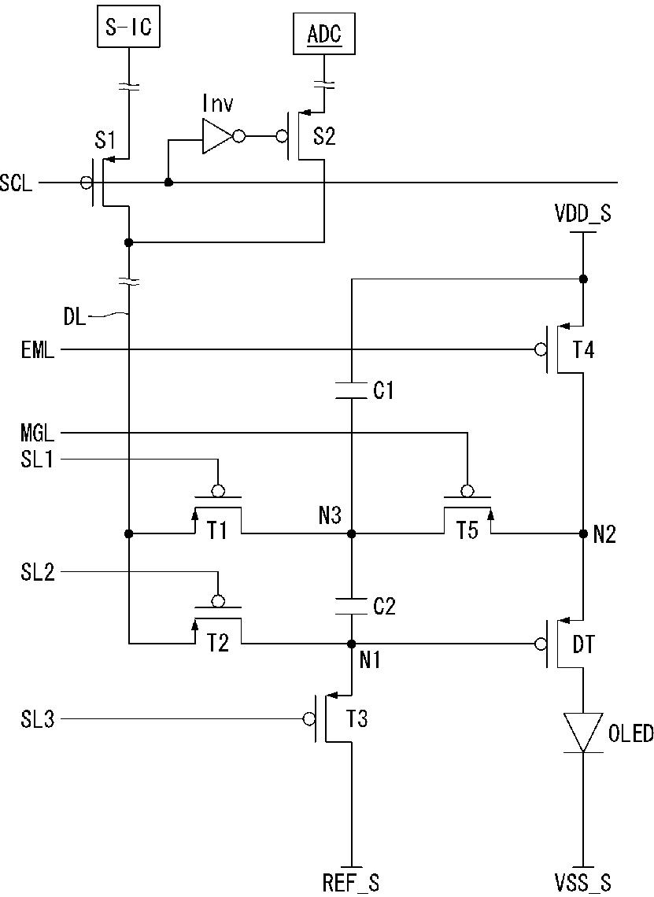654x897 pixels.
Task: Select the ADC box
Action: click(324, 35)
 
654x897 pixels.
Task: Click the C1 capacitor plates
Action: click(352, 390)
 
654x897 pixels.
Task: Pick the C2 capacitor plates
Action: click(352, 607)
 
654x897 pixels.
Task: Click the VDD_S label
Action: click(583, 213)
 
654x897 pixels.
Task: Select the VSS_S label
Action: click(583, 884)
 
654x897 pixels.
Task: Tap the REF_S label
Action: click(351, 884)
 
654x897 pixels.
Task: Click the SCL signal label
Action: click(17, 183)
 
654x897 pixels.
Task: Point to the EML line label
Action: click(38, 349)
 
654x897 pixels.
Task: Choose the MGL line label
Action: click(38, 433)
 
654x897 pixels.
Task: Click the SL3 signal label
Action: click(38, 719)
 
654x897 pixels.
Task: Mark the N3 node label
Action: click(330, 517)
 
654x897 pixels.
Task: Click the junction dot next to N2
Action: click(583, 533)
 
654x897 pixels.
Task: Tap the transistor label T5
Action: click(467, 530)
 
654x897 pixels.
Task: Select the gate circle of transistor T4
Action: click(540, 349)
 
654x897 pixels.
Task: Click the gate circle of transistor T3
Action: click(309, 719)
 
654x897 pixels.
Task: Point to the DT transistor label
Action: click(583, 645)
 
